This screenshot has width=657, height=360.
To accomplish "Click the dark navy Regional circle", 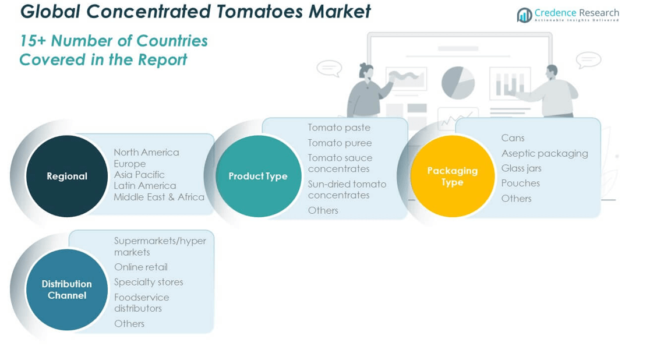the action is [x=67, y=176].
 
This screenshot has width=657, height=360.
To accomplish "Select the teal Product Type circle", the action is [x=258, y=176].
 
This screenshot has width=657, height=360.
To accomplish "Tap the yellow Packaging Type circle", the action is [x=453, y=176].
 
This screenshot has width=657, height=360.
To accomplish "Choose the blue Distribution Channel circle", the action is [x=67, y=290].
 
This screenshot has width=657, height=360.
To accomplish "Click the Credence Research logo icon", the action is [x=524, y=15].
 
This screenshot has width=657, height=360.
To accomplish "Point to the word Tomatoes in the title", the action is [x=259, y=11].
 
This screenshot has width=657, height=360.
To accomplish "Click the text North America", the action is [x=146, y=152].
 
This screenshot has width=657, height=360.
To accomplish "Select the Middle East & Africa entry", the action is [x=159, y=197].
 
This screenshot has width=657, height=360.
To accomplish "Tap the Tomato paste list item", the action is [x=339, y=128].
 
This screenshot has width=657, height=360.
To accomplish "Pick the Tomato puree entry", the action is [x=340, y=143].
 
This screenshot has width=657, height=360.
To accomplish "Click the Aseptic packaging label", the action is [x=545, y=153].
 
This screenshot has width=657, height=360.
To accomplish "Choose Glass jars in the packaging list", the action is [x=521, y=168].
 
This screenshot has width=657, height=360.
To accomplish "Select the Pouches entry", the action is [x=520, y=183].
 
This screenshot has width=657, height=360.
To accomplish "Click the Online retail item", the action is [x=141, y=267].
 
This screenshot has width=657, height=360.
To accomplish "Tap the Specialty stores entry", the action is [x=149, y=282].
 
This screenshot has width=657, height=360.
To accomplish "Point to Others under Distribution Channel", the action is [x=129, y=323].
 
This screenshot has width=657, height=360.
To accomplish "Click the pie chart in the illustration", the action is [x=458, y=83].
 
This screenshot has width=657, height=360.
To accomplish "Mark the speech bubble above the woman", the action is [x=329, y=68].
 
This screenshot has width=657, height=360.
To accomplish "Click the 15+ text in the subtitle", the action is [x=33, y=41].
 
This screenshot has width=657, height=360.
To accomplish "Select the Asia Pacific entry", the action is [x=139, y=175].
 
